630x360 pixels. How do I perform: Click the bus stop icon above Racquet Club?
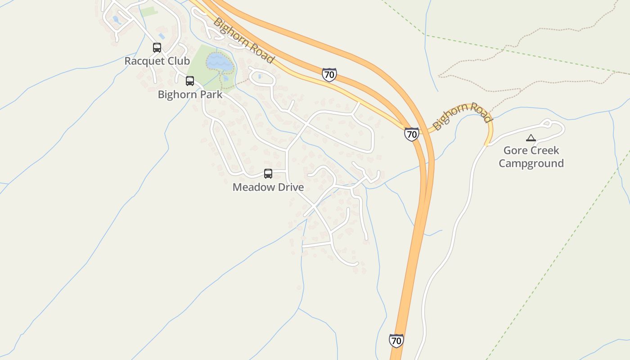click(x=157, y=47)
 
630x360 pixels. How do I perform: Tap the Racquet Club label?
click(x=157, y=61)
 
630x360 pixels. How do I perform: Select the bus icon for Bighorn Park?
click(x=190, y=81)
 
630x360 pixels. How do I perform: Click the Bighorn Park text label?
click(x=190, y=94)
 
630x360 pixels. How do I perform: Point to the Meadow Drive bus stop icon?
click(x=268, y=174)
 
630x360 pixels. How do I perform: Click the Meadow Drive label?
click(x=268, y=187)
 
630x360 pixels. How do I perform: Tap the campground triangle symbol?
click(x=531, y=138)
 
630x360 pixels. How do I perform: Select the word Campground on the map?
click(x=531, y=163)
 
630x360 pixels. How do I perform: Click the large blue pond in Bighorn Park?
click(x=220, y=63)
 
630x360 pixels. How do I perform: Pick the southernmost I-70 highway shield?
click(x=396, y=341)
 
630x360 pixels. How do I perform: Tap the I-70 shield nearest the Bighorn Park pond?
click(x=329, y=75)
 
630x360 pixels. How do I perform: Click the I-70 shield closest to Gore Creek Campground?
click(x=411, y=134)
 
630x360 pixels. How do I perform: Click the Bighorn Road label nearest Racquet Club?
click(x=243, y=40)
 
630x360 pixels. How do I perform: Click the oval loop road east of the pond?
click(x=261, y=78)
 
